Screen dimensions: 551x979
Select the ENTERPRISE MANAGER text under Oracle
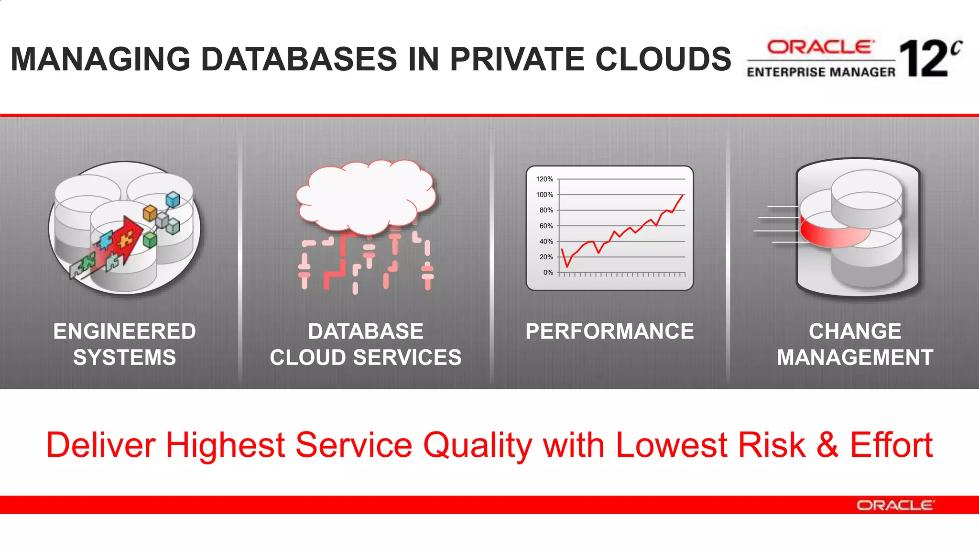click(821, 72)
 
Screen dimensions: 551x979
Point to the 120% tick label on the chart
click(544, 179)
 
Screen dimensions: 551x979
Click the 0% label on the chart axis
click(548, 273)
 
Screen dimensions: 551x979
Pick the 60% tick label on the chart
click(546, 226)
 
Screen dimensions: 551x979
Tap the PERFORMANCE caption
click(609, 331)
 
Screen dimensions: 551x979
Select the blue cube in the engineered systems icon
click(173, 199)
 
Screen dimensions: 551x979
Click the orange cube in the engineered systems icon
click(150, 212)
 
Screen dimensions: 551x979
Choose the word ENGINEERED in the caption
click(124, 331)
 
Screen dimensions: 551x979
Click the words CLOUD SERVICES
click(366, 358)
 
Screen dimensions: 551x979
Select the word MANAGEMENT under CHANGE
click(855, 358)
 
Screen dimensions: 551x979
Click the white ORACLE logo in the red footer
click(895, 506)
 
